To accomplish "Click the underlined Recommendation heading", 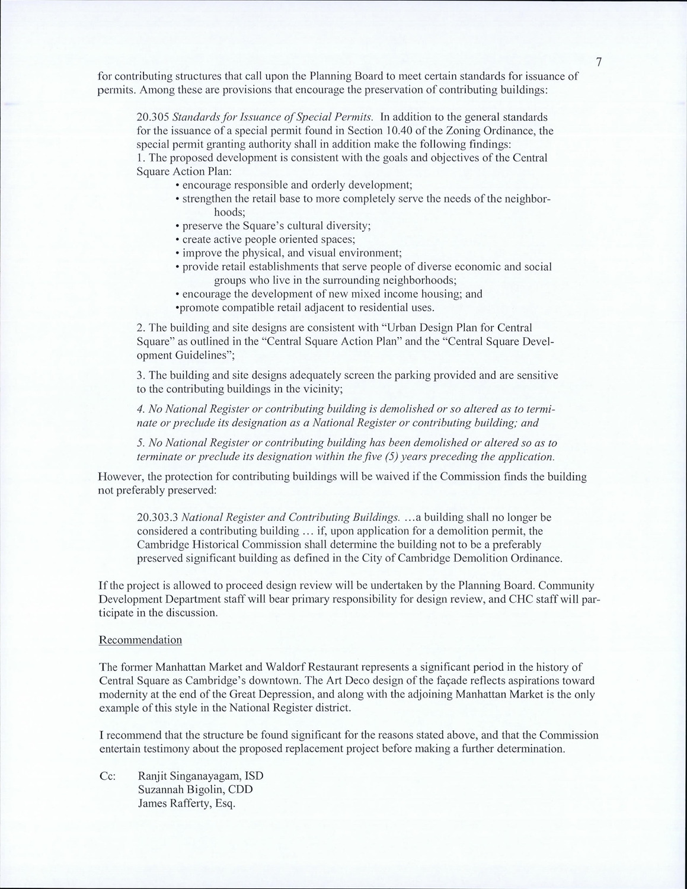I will [140, 640].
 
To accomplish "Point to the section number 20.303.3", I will [157, 517].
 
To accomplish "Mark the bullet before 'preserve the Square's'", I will [178, 226].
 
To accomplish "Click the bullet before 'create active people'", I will [178, 240].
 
